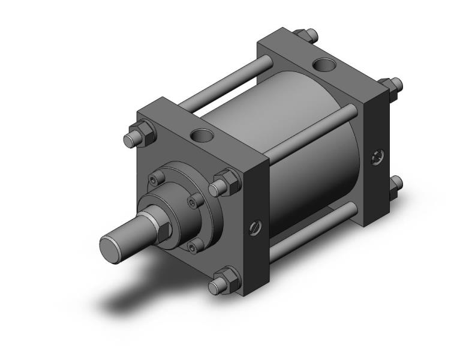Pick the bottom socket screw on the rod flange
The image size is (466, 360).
[x=192, y=244]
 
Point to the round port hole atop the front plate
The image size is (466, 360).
[x=201, y=136]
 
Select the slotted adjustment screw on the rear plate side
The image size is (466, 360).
[x=376, y=157]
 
